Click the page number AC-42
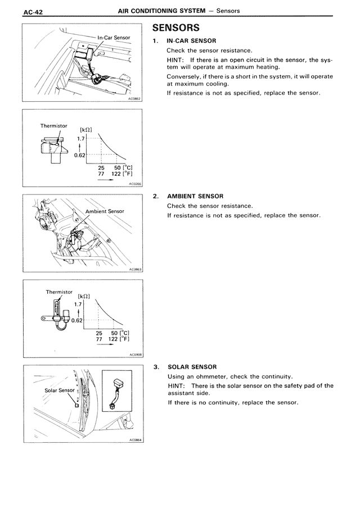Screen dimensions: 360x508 click(x=33, y=12)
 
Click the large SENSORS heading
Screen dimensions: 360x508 click(x=176, y=28)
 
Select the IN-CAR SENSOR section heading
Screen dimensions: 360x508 click(x=191, y=41)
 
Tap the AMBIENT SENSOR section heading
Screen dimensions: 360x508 click(x=195, y=196)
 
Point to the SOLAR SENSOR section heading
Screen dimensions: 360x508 click(x=192, y=367)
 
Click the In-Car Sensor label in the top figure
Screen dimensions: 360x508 click(x=114, y=38)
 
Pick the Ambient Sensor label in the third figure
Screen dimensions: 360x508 click(x=105, y=211)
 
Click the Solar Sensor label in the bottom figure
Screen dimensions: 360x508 click(x=60, y=391)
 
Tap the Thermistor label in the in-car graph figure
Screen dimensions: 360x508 click(x=54, y=126)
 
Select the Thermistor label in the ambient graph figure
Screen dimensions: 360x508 click(x=59, y=292)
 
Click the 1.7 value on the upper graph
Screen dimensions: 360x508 click(x=81, y=139)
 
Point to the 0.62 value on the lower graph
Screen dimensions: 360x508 click(x=76, y=321)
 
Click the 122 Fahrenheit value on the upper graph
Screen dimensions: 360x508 click(x=116, y=174)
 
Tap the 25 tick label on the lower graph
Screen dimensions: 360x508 click(x=99, y=333)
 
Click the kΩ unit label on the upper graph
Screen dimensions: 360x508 click(x=85, y=130)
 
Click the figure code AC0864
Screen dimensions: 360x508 click(x=136, y=440)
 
